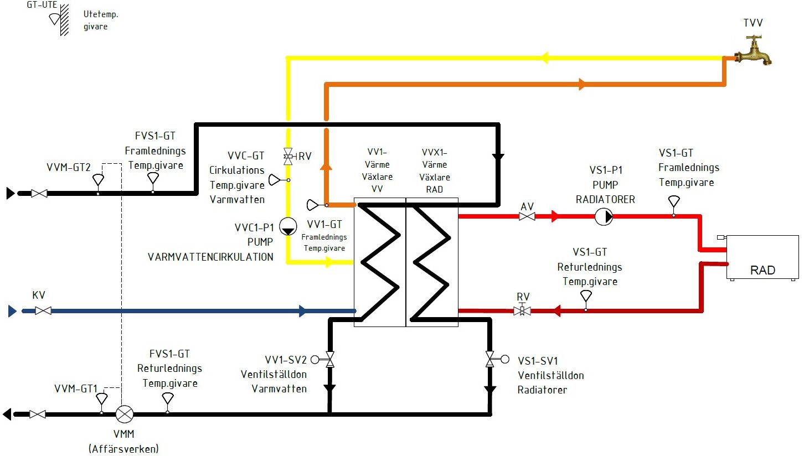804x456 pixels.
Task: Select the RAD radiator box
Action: coord(762,258)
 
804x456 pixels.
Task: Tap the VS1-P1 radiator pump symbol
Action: coord(604,216)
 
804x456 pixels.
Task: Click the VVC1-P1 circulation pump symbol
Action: coord(287,226)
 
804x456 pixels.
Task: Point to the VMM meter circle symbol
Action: coord(124,413)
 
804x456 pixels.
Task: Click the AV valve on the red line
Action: coord(527,217)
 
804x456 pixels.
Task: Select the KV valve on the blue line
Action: coord(43,311)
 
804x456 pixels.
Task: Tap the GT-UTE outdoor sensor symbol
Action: coord(54,19)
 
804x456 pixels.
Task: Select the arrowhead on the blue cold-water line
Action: coord(302,311)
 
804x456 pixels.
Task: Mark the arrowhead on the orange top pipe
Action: coord(581,85)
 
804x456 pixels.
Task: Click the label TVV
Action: coord(752,22)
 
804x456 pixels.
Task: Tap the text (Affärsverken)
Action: coord(123,448)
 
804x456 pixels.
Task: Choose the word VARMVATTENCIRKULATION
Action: coord(210,257)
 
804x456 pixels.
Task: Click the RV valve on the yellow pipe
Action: coord(287,156)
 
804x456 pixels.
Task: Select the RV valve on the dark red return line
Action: coord(522,310)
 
